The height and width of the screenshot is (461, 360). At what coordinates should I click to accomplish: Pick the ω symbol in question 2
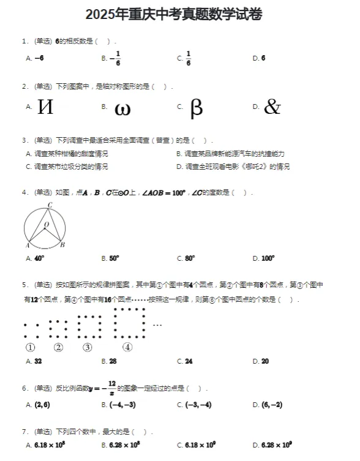tap(122, 108)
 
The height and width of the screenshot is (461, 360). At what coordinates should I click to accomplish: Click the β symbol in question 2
tap(196, 108)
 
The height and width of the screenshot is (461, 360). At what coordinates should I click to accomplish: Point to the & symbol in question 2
tap(272, 108)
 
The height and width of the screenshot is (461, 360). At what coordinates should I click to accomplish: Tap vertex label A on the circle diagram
tap(28, 245)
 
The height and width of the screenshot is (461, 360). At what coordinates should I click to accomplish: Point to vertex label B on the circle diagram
tap(62, 245)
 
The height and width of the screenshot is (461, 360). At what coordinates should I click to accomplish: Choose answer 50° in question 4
tap(114, 258)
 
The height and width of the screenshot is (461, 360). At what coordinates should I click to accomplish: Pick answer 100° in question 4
tap(268, 258)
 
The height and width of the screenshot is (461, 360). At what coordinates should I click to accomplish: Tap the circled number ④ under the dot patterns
tap(128, 348)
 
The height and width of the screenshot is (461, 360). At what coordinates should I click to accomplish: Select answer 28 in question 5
tap(113, 361)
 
